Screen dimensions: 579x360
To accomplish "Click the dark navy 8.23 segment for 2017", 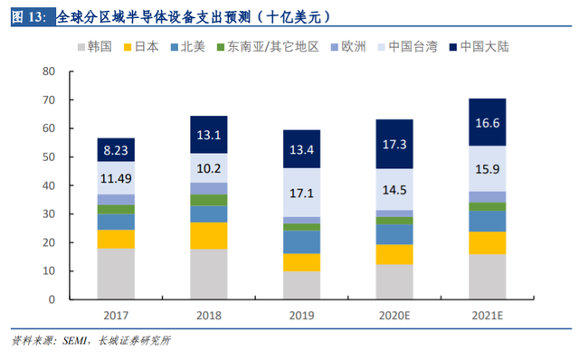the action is coord(116,150).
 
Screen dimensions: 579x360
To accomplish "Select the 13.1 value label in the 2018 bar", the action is coord(209,135).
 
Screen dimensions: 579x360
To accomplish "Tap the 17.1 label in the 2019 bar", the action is coord(301,193).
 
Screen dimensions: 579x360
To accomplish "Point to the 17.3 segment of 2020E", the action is coord(394,144).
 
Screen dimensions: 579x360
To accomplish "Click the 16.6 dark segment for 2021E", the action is coord(488,122).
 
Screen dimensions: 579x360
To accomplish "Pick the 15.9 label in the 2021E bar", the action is coord(488,169).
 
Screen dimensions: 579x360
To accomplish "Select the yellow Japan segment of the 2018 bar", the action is coord(209,235).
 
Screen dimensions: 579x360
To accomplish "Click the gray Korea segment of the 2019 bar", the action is coord(301,285).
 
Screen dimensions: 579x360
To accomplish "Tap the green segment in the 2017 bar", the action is coord(116,209).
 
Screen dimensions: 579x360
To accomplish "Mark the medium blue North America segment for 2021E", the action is coord(488,222).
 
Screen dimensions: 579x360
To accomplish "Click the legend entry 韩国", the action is coord(95,47).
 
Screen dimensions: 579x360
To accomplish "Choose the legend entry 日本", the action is coord(141,47).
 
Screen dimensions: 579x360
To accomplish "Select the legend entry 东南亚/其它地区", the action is coord(268,47).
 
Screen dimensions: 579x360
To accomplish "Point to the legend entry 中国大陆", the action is coord(479,47).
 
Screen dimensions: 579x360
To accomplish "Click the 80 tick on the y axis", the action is coord(49,71).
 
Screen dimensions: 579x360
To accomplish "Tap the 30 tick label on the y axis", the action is coord(49,213).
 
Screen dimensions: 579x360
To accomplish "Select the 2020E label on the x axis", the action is coord(394,316).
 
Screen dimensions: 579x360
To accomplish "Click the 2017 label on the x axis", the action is coord(116,316).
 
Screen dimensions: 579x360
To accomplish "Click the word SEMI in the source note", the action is coord(74,340).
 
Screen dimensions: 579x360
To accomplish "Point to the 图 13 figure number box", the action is coord(33,16).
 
